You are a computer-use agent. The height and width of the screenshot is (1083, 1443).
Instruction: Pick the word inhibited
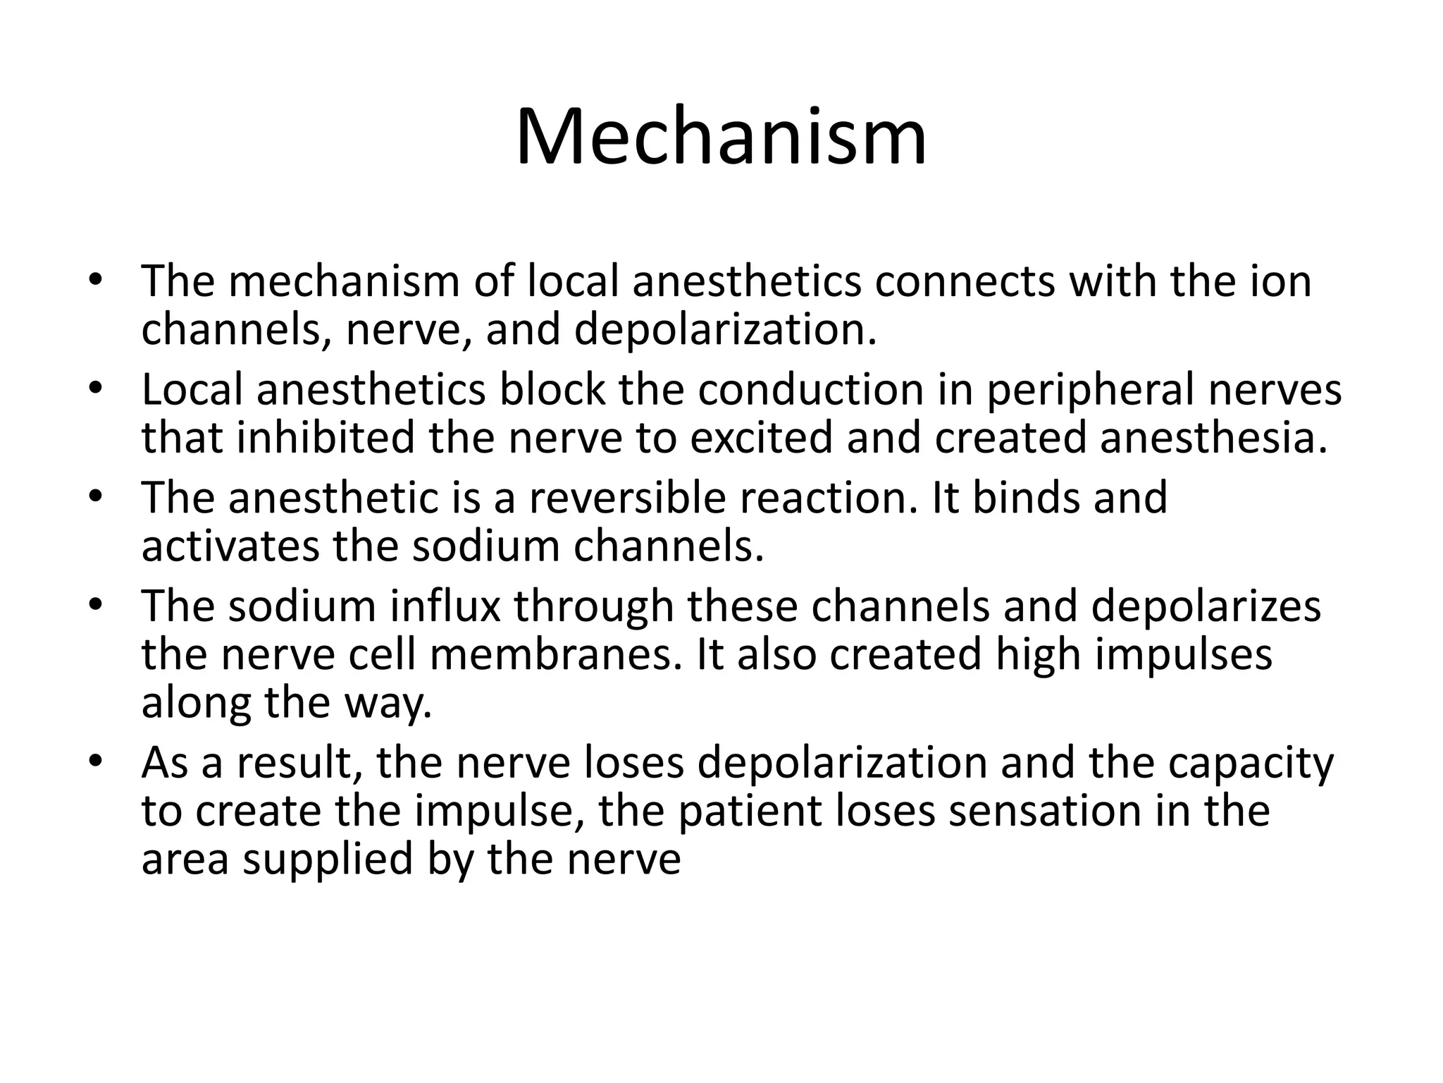326,437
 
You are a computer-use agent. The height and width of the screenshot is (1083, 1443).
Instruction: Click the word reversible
627,498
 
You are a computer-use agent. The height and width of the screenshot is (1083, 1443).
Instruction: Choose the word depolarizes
1206,606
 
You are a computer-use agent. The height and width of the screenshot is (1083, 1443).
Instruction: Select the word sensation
1044,811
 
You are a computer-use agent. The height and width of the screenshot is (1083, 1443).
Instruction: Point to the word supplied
328,859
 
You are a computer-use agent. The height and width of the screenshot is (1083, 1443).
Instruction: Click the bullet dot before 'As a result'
97,762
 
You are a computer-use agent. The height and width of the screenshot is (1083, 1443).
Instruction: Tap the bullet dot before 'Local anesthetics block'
97,389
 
